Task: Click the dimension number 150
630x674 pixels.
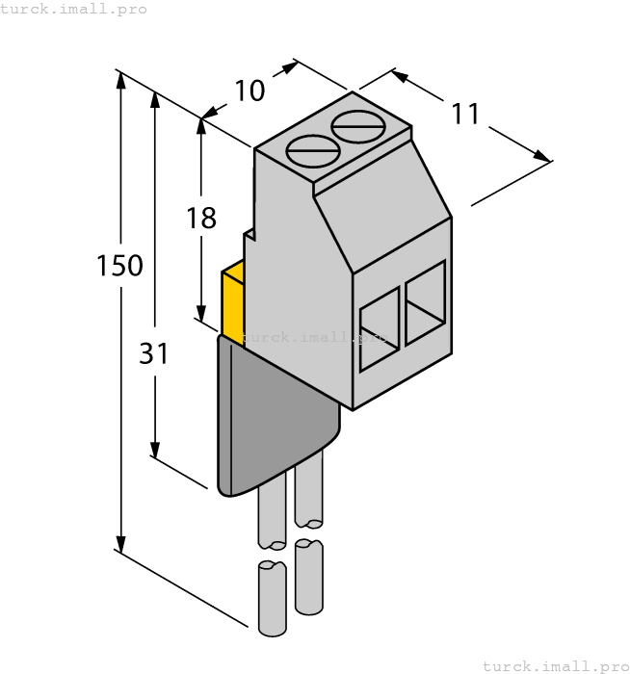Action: [x=120, y=266]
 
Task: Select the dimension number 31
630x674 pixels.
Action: [x=153, y=354]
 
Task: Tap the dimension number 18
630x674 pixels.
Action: [x=201, y=219]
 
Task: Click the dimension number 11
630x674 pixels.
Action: [x=465, y=114]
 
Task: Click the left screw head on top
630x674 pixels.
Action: [x=313, y=151]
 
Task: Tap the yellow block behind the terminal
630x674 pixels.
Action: [x=232, y=304]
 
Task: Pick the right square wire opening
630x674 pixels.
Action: [x=425, y=302]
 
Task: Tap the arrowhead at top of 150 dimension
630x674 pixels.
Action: [x=121, y=79]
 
